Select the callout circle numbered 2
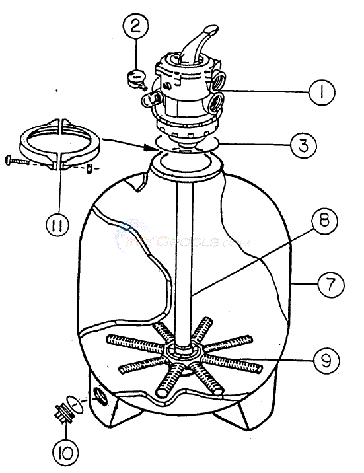tap(135, 28)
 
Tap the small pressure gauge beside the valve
tap(137, 78)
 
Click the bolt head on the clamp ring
tap(10, 159)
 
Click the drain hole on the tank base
tap(100, 395)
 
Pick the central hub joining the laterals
tap(180, 353)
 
